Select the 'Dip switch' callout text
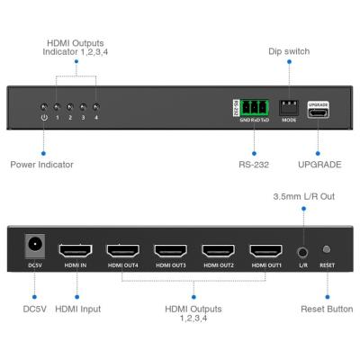pos(290,52)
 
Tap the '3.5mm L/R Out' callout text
pos(304,194)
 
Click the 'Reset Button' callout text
pos(327,309)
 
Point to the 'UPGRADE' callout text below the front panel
pos(319,165)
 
